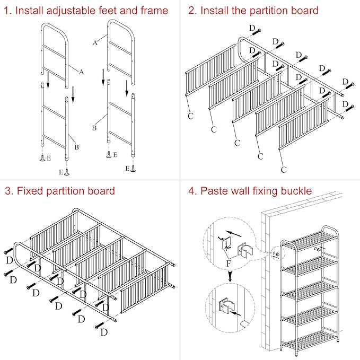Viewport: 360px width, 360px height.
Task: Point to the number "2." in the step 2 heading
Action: [x=192, y=11]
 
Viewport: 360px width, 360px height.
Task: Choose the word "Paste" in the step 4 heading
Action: [x=214, y=191]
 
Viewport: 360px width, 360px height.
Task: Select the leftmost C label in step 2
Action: [x=190, y=115]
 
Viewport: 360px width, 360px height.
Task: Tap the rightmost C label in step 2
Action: [x=284, y=170]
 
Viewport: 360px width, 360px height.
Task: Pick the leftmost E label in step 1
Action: [x=49, y=157]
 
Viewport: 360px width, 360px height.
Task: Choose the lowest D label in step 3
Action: [x=104, y=332]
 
